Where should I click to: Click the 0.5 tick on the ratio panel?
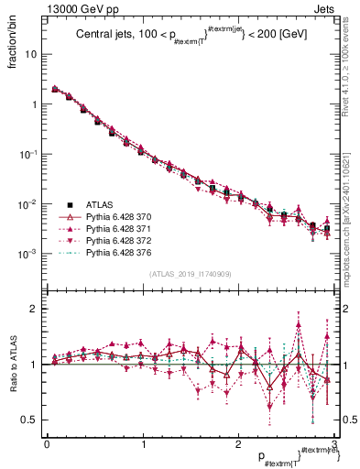(30, 420)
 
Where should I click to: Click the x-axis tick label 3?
(334, 443)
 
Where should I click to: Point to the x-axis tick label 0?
(47, 443)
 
